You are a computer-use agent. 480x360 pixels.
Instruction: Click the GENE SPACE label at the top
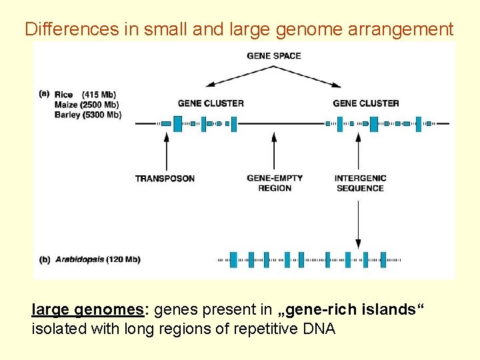pos(273,55)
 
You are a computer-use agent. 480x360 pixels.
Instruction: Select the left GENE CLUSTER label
pos(211,103)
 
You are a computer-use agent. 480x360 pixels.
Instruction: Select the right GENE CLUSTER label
pos(365,103)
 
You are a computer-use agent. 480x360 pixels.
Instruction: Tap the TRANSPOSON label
pos(165,179)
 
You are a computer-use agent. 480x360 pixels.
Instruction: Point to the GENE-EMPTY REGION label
pos(274,183)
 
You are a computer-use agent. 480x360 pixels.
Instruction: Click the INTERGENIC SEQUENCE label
pos(360,183)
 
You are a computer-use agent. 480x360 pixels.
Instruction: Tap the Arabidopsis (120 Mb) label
pos(98,259)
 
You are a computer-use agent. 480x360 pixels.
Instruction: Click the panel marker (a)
pos(44,94)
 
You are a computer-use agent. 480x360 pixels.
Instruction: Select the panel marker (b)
pos(45,259)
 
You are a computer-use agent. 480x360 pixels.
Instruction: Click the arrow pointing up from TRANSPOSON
pos(165,151)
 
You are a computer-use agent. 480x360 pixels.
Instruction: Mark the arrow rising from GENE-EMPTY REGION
pos(273,151)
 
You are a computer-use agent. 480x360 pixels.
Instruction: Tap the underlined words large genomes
pos(92,310)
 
